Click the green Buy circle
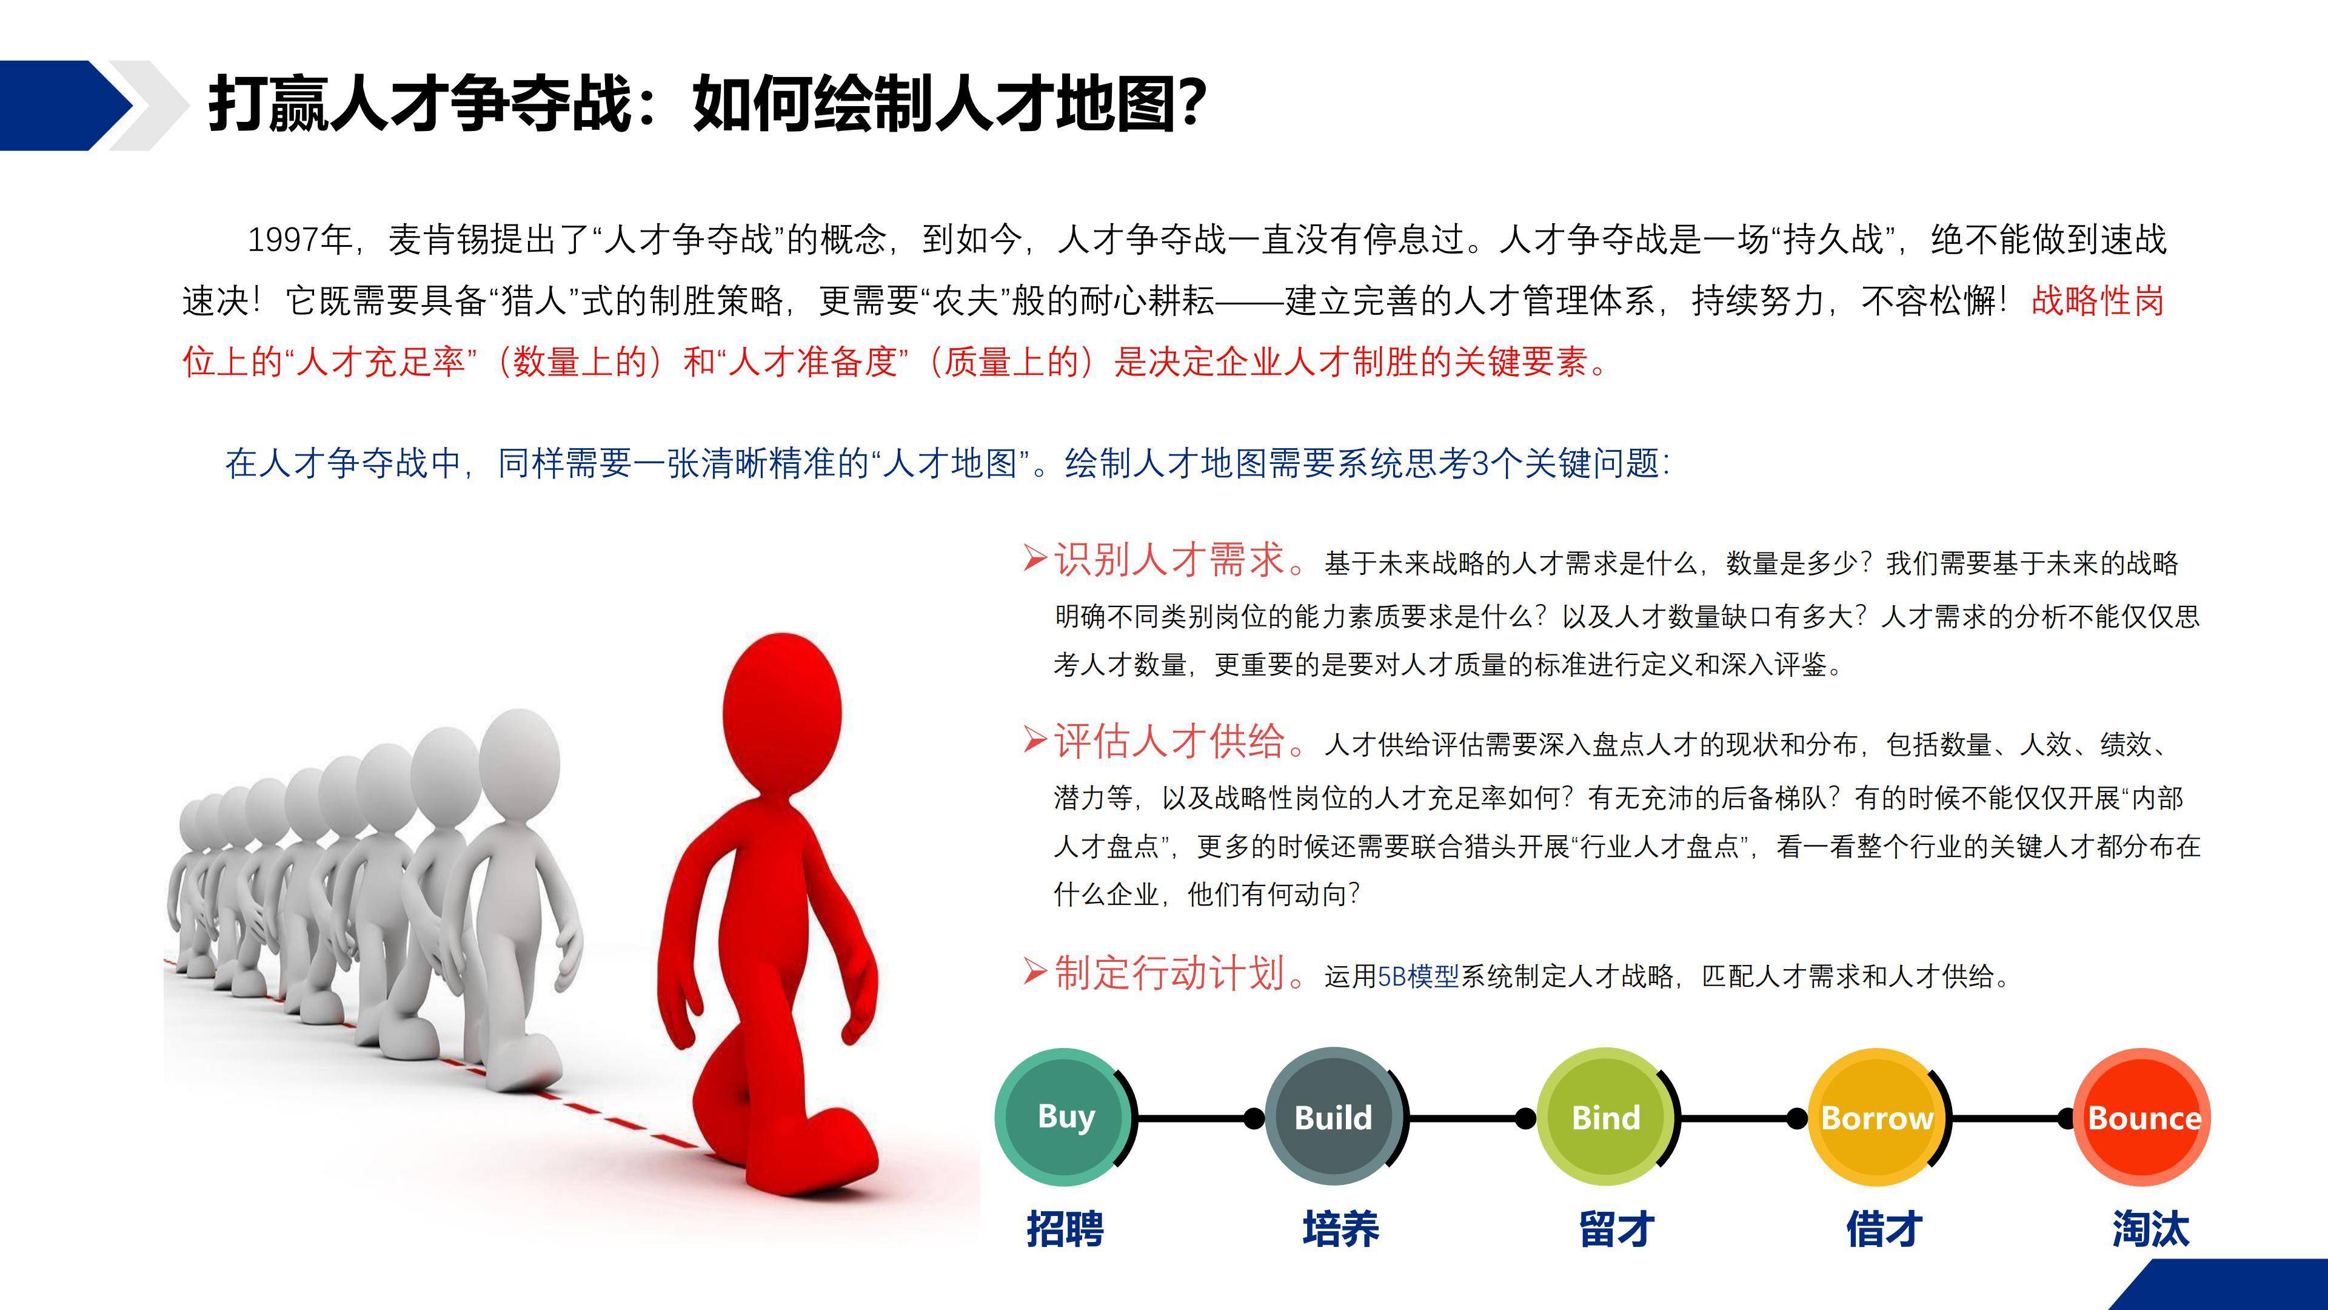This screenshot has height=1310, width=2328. (1064, 1117)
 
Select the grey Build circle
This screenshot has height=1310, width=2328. (1334, 1117)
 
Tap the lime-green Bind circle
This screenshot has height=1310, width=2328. (1606, 1117)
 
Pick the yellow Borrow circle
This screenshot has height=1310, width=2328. (1877, 1117)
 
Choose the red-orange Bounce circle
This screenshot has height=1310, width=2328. (2142, 1117)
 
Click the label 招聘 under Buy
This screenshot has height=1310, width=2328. (1065, 1229)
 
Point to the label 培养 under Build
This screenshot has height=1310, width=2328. (1340, 1229)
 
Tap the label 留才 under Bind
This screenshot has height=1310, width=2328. (1616, 1229)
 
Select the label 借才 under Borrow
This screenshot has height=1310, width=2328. (1884, 1229)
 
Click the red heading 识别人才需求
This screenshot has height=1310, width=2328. (1169, 560)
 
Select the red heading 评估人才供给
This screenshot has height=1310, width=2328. (1169, 741)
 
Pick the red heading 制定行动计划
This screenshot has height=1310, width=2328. (1169, 973)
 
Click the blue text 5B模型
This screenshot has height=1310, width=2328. (1418, 976)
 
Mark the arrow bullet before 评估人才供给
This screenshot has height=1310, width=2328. (1035, 741)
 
